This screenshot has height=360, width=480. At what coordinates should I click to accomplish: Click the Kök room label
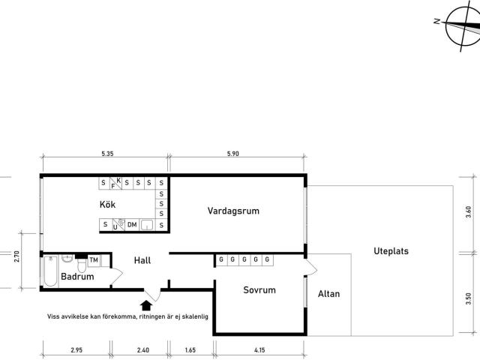pyautogui.click(x=107, y=205)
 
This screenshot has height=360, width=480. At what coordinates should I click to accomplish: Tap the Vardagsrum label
pyautogui.click(x=233, y=211)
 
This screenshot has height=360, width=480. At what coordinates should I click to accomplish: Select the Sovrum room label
pyautogui.click(x=259, y=290)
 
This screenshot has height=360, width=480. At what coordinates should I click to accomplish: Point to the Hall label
pyautogui.click(x=142, y=260)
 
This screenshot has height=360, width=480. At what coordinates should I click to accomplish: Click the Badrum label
pyautogui.click(x=77, y=277)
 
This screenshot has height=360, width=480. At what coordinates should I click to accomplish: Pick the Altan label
pyautogui.click(x=328, y=294)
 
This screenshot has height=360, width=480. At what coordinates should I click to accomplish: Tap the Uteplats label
pyautogui.click(x=391, y=251)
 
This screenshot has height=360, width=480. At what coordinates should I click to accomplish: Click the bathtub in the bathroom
pyautogui.click(x=50, y=271)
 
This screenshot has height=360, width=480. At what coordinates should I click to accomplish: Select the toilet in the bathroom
pyautogui.click(x=82, y=265)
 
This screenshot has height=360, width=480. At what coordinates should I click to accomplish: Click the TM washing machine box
pyautogui.click(x=94, y=260)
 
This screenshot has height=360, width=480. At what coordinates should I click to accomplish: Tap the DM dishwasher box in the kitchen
pyautogui.click(x=132, y=225)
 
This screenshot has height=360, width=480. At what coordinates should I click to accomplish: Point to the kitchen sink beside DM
pyautogui.click(x=147, y=225)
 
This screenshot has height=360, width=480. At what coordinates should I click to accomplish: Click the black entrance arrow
pyautogui.click(x=146, y=305)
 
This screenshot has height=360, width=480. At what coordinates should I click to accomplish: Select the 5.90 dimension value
pyautogui.click(x=233, y=154)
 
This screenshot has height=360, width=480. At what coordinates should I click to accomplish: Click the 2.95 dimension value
pyautogui.click(x=76, y=350)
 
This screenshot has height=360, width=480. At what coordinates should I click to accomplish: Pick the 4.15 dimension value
pyautogui.click(x=259, y=350)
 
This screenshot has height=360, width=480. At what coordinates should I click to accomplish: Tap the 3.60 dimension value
pyautogui.click(x=468, y=211)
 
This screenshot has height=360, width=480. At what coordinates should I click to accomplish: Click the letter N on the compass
pyautogui.click(x=437, y=21)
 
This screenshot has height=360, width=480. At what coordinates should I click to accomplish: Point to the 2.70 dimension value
pyautogui.click(x=16, y=256)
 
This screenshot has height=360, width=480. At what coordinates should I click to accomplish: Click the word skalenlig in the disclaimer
pyautogui.click(x=195, y=316)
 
